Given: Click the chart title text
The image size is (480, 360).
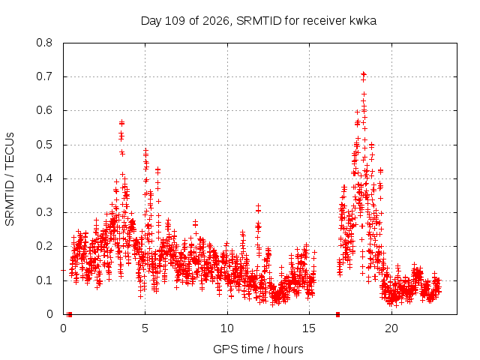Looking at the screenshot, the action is pyautogui.click(x=258, y=21).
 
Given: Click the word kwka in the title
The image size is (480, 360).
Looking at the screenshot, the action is pyautogui.click(x=362, y=21).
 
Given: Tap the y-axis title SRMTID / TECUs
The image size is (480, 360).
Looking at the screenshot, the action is pyautogui.click(x=10, y=179).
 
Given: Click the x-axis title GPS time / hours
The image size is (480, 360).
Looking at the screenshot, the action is pyautogui.click(x=258, y=349).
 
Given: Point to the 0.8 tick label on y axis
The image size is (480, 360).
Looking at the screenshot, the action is pyautogui.click(x=44, y=43).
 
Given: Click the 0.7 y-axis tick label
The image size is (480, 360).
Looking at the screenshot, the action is pyautogui.click(x=44, y=76).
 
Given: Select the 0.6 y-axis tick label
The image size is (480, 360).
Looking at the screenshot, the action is pyautogui.click(x=44, y=110).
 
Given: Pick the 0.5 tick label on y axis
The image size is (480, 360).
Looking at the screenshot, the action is pyautogui.click(x=44, y=145).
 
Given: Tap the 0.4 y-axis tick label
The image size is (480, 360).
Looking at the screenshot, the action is pyautogui.click(x=44, y=178).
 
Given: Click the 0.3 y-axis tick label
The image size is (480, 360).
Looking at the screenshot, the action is pyautogui.click(x=44, y=212).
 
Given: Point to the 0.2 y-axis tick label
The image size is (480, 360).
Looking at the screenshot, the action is pyautogui.click(x=44, y=246).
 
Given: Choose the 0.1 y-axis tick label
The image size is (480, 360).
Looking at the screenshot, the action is pyautogui.click(x=44, y=280).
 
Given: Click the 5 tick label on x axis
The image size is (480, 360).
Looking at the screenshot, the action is pyautogui.click(x=145, y=328).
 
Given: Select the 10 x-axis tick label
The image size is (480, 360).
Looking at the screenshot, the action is pyautogui.click(x=227, y=328).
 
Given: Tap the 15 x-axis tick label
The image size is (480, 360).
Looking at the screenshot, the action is pyautogui.click(x=309, y=328).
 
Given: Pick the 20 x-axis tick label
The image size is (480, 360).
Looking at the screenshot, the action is pyautogui.click(x=391, y=328).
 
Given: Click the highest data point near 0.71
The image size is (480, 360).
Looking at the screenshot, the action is pyautogui.click(x=364, y=73).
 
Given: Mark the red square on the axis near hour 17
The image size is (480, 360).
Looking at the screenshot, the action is pyautogui.click(x=337, y=314).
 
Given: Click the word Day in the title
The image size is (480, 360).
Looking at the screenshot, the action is pyautogui.click(x=151, y=22).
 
